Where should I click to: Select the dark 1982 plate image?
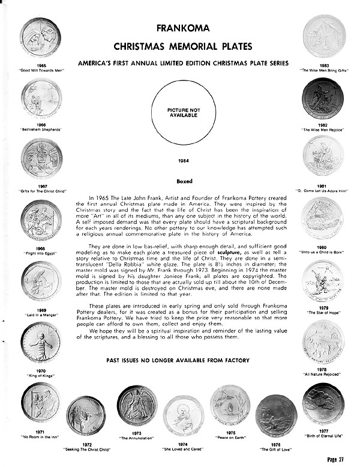tap(322, 97)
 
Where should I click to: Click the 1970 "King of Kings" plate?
tap(41, 342)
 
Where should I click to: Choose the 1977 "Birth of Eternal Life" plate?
tap(323, 403)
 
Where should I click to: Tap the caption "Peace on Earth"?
tap(230, 432)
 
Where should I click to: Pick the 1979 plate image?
tap(323, 280)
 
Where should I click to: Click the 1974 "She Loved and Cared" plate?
tap(184, 414)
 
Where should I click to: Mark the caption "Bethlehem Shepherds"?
tap(41, 129)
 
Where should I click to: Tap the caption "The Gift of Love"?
tap(275, 448)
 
